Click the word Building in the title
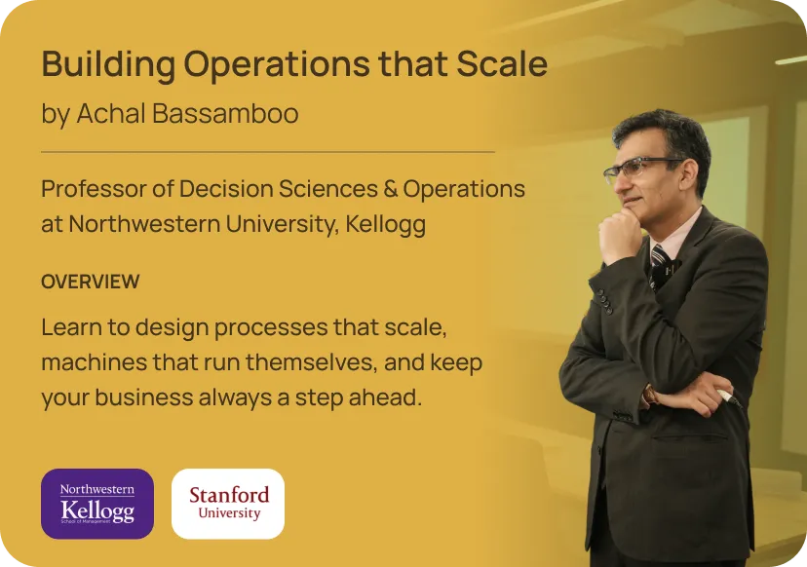click(108, 65)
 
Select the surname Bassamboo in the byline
click(225, 113)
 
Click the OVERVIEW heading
click(91, 282)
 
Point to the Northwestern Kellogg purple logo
click(97, 504)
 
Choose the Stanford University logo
click(228, 504)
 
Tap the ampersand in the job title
click(390, 189)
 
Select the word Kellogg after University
click(386, 225)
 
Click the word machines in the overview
click(95, 362)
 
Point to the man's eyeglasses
click(638, 169)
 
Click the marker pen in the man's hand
click(730, 397)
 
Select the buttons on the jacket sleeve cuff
click(604, 301)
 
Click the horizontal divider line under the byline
click(268, 152)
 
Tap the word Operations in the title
click(277, 65)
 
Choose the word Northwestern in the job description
click(145, 224)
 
